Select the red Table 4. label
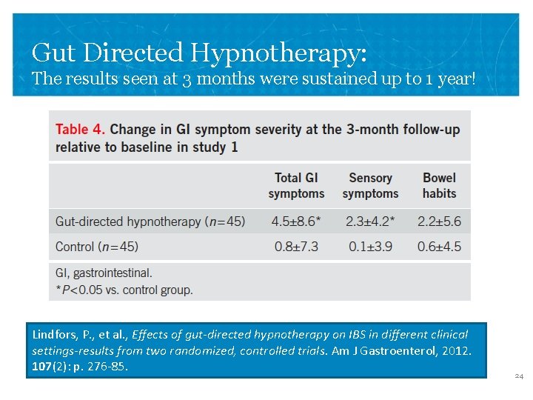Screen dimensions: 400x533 click(x=81, y=130)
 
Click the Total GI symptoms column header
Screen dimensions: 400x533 click(x=296, y=185)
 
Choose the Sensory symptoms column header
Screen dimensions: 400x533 click(x=370, y=185)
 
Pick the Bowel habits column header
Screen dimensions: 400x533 click(x=440, y=185)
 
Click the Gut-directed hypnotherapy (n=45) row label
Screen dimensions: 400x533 click(x=150, y=221)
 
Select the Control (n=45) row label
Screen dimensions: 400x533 click(x=97, y=247)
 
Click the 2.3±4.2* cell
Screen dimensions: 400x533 click(x=371, y=221)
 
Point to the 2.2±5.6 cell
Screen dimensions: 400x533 click(x=439, y=221)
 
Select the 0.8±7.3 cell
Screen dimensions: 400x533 click(x=296, y=247)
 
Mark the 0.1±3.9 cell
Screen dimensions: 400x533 click(x=370, y=247)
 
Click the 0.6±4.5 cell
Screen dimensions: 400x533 click(x=439, y=247)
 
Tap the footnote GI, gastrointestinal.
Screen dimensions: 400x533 click(x=104, y=273)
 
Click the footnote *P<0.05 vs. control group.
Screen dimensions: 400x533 click(x=124, y=290)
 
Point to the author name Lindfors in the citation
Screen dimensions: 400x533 click(x=55, y=334)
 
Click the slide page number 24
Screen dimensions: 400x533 click(x=519, y=377)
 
